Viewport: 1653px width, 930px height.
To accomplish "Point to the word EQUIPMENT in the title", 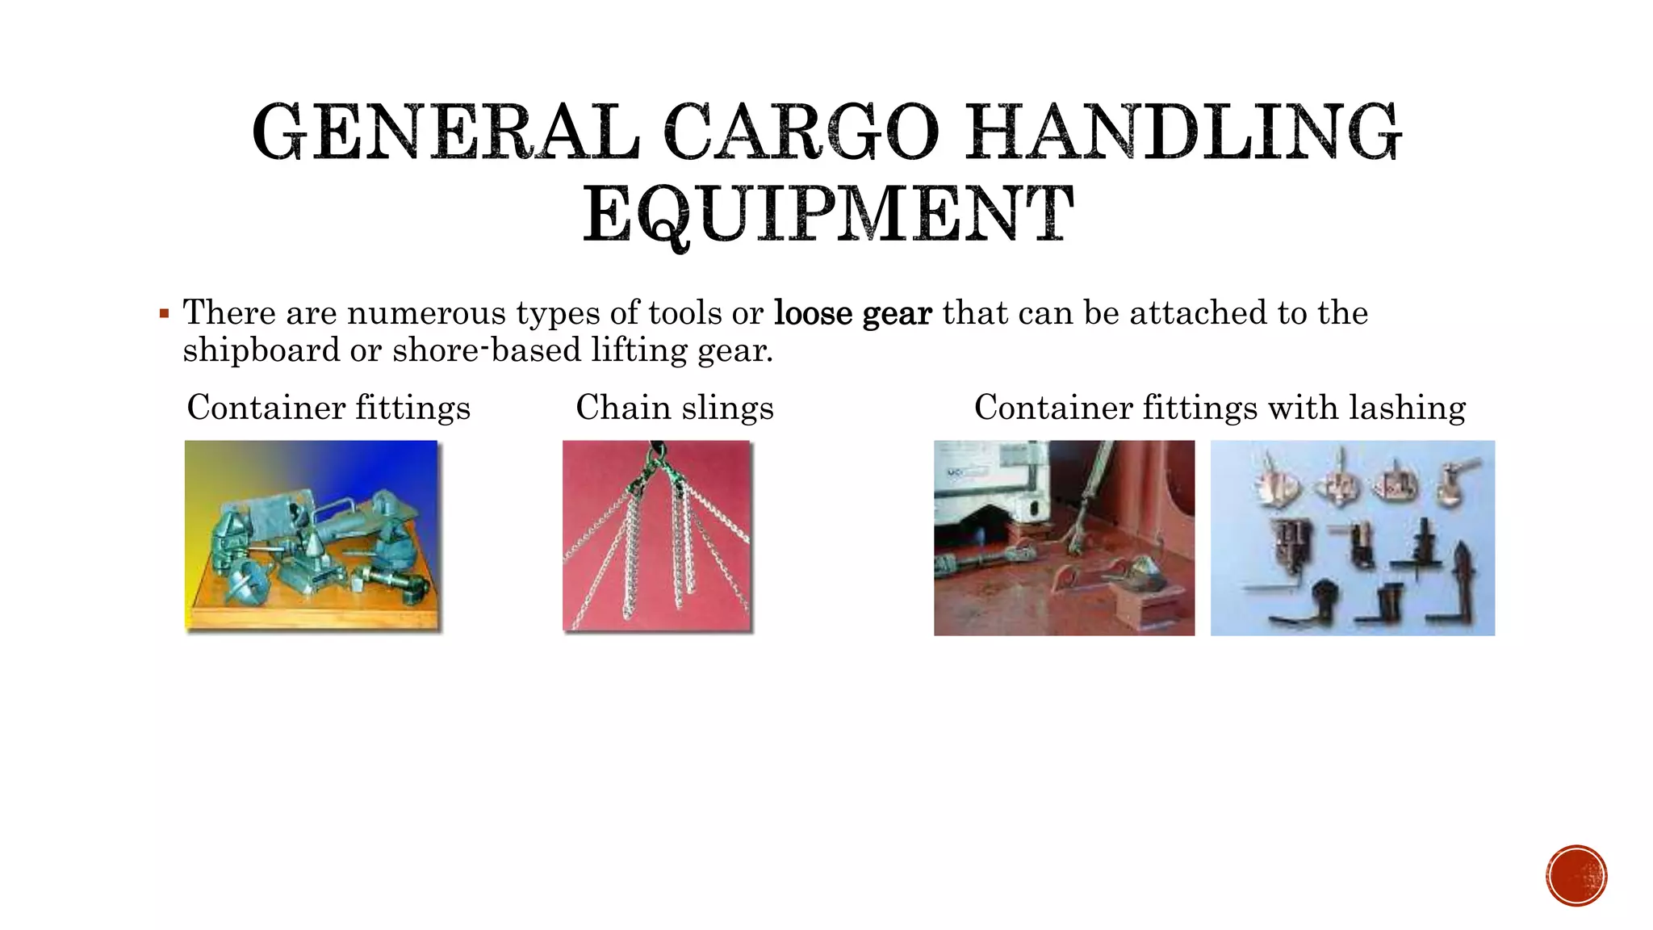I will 828,215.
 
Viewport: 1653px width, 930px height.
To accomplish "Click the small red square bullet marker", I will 165,313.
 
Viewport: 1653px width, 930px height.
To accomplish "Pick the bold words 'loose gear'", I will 852,313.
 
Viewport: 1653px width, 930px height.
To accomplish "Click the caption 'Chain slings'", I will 675,408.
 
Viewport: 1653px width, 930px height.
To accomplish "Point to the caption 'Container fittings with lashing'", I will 1220,408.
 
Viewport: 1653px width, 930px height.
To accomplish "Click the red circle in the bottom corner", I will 1576,875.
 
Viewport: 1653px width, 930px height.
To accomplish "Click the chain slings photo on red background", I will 657,536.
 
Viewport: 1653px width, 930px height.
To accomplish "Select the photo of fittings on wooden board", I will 312,536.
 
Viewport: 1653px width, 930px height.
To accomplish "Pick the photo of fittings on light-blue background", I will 1352,538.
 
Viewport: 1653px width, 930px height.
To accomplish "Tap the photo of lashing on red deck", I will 1064,538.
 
